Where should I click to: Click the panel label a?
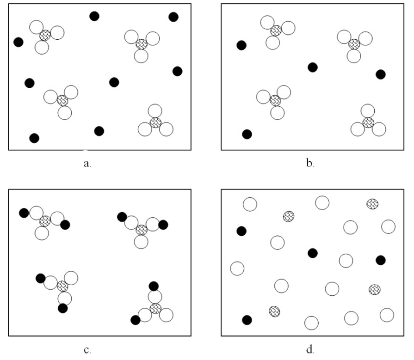(87, 164)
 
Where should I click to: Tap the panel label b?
(310, 164)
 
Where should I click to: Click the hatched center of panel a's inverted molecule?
(155, 122)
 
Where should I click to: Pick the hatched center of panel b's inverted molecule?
(368, 122)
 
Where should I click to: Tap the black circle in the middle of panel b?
(313, 67)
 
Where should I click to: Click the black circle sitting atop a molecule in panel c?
(154, 286)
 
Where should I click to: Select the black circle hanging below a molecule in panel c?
(63, 308)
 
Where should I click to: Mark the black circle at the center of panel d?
(313, 253)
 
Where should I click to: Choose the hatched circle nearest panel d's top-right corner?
(372, 203)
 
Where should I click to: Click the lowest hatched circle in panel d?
(274, 311)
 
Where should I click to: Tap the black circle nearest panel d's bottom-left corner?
(247, 320)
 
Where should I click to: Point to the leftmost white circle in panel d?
(237, 268)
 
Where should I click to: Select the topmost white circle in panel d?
(322, 202)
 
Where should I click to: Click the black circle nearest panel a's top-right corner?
(173, 17)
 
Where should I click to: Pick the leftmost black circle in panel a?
(19, 42)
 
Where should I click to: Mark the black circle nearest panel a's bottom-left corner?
(34, 138)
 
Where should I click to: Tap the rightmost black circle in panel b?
(380, 74)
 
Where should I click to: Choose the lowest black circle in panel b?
(247, 134)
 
